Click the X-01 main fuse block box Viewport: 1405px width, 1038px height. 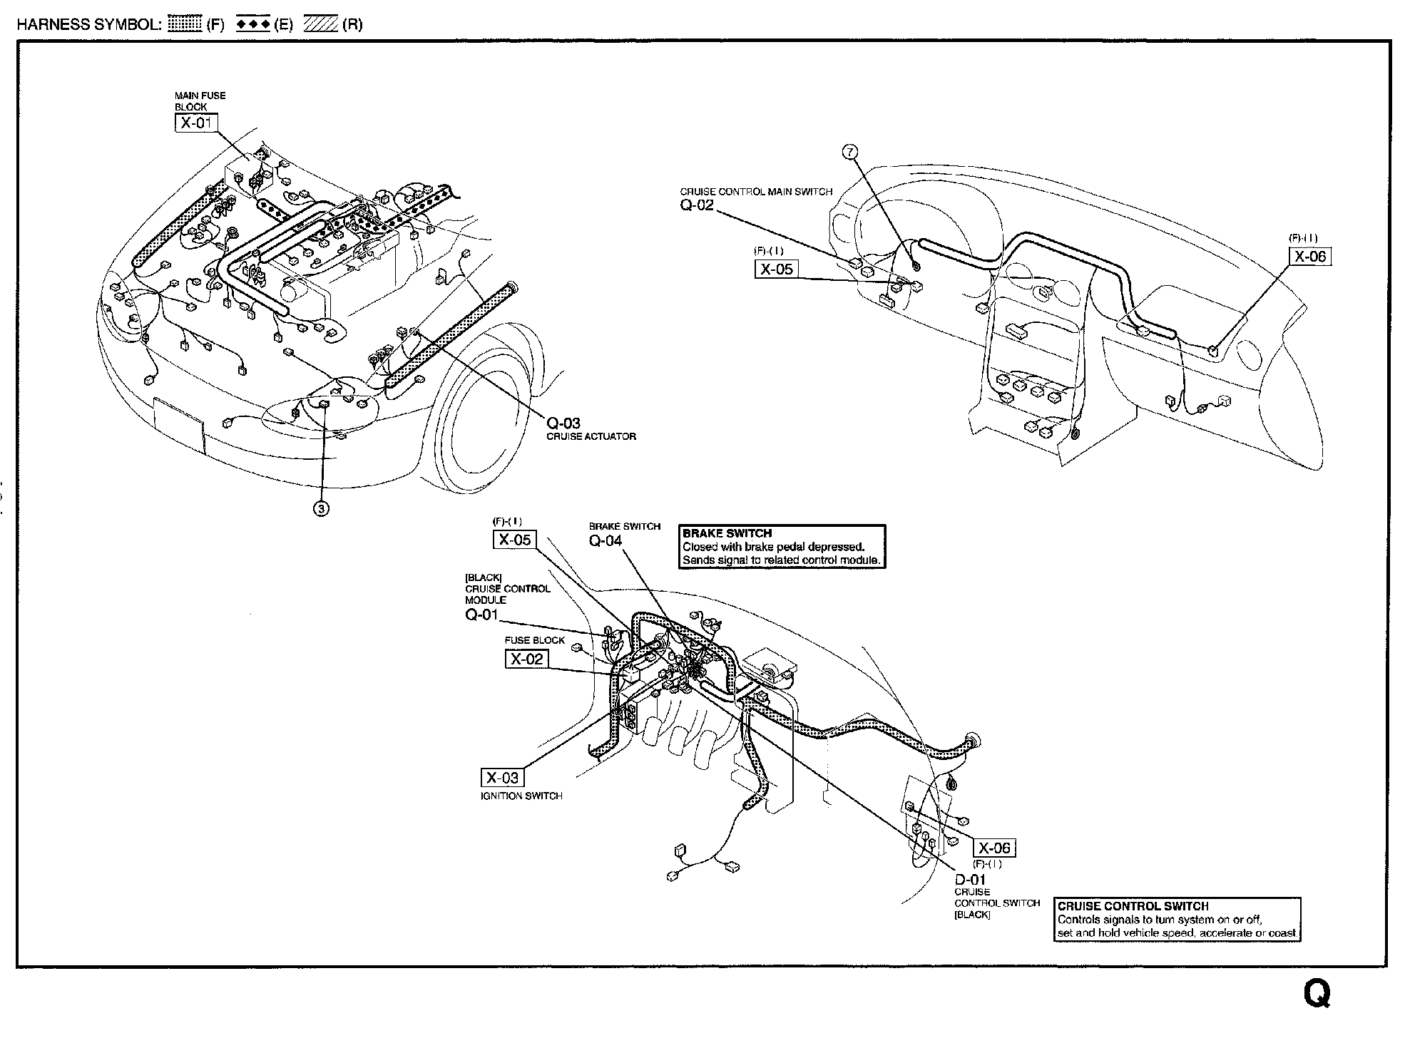(195, 123)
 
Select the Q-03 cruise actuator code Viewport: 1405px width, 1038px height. (563, 423)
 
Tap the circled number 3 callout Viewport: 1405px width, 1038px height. (322, 508)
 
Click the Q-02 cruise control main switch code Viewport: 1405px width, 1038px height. (696, 205)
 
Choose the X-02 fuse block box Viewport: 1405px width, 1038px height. (527, 659)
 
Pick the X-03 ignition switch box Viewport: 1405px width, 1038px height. (501, 778)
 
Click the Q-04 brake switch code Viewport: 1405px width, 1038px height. (605, 540)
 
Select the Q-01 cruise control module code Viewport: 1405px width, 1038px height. (481, 614)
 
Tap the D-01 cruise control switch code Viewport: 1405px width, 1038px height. (970, 880)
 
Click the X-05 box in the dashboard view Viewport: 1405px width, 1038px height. (776, 269)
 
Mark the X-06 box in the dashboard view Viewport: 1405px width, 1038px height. (1309, 257)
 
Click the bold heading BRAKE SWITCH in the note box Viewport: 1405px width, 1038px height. (727, 533)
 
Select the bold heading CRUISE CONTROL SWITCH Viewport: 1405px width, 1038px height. (1133, 906)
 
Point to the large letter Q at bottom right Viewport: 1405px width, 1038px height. (1317, 994)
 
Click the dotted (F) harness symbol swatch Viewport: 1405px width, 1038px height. (185, 25)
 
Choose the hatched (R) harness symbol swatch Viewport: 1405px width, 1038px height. (321, 25)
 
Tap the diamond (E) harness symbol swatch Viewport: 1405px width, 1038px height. (252, 25)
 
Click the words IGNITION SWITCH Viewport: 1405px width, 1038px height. (521, 796)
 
